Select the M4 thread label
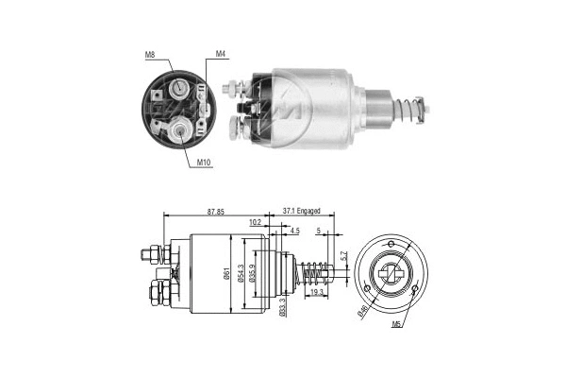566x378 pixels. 220,53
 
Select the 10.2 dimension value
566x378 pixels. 256,224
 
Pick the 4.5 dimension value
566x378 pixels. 295,231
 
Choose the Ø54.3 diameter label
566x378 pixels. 242,274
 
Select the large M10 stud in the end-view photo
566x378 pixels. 180,130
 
